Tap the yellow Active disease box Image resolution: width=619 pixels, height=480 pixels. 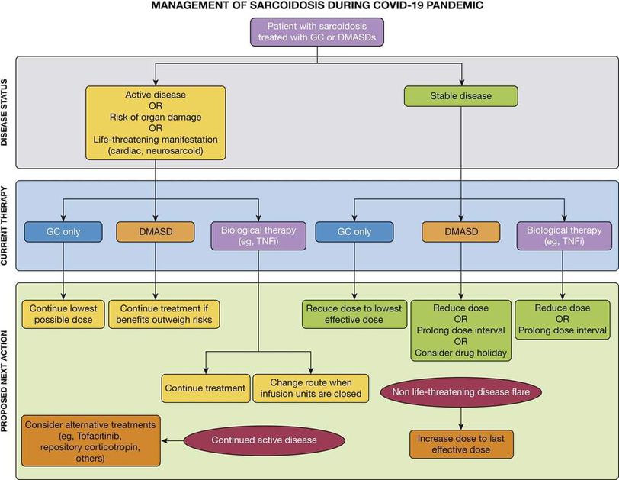coord(156,123)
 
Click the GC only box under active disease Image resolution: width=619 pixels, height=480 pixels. coord(63,232)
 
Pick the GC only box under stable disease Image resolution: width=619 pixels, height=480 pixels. coord(354,232)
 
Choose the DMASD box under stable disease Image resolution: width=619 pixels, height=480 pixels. coord(460,232)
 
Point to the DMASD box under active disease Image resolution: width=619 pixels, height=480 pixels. coord(156,232)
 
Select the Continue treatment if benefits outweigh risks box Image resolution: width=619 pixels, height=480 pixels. coord(165,314)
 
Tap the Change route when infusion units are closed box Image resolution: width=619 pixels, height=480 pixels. coord(310,388)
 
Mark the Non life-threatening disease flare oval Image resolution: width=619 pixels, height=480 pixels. coord(461,391)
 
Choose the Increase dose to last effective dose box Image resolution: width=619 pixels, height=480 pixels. coord(461,445)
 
